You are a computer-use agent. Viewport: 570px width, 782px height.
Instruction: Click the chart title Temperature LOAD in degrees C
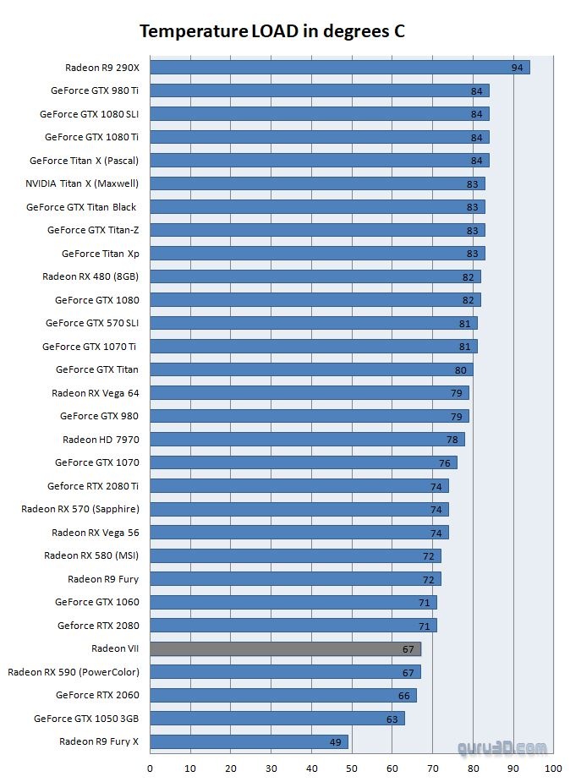point(272,32)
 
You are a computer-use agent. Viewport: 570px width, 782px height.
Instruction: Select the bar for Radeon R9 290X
point(338,68)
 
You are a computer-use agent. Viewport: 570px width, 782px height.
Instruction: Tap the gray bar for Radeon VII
point(285,648)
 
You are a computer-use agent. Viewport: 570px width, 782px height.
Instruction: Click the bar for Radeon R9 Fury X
point(249,741)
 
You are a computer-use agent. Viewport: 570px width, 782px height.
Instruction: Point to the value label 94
point(517,68)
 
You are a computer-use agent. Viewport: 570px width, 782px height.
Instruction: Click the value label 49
point(335,742)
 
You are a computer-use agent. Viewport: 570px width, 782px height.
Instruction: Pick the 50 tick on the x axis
point(352,768)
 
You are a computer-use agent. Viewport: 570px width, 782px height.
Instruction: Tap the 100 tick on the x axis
point(553,768)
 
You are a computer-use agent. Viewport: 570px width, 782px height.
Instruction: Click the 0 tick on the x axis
point(151,768)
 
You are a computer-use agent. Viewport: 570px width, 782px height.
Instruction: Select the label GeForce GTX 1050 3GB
point(86,719)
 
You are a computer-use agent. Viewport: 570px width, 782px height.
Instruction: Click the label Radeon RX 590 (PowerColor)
point(74,672)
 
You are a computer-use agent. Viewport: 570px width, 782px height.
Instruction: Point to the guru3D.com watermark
point(502,747)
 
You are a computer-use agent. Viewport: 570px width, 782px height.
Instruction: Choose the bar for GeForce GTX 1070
point(303,462)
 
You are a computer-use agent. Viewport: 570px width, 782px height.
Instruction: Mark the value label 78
point(452,440)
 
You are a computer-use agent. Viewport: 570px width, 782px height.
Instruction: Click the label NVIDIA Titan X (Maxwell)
point(82,183)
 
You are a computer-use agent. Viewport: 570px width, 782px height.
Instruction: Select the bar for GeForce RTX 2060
point(283,695)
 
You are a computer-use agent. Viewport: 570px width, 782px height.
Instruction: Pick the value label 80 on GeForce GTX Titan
point(460,369)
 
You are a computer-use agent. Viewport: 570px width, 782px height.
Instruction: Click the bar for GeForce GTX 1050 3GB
point(277,719)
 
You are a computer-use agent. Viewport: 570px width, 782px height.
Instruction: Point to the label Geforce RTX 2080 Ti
point(93,486)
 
